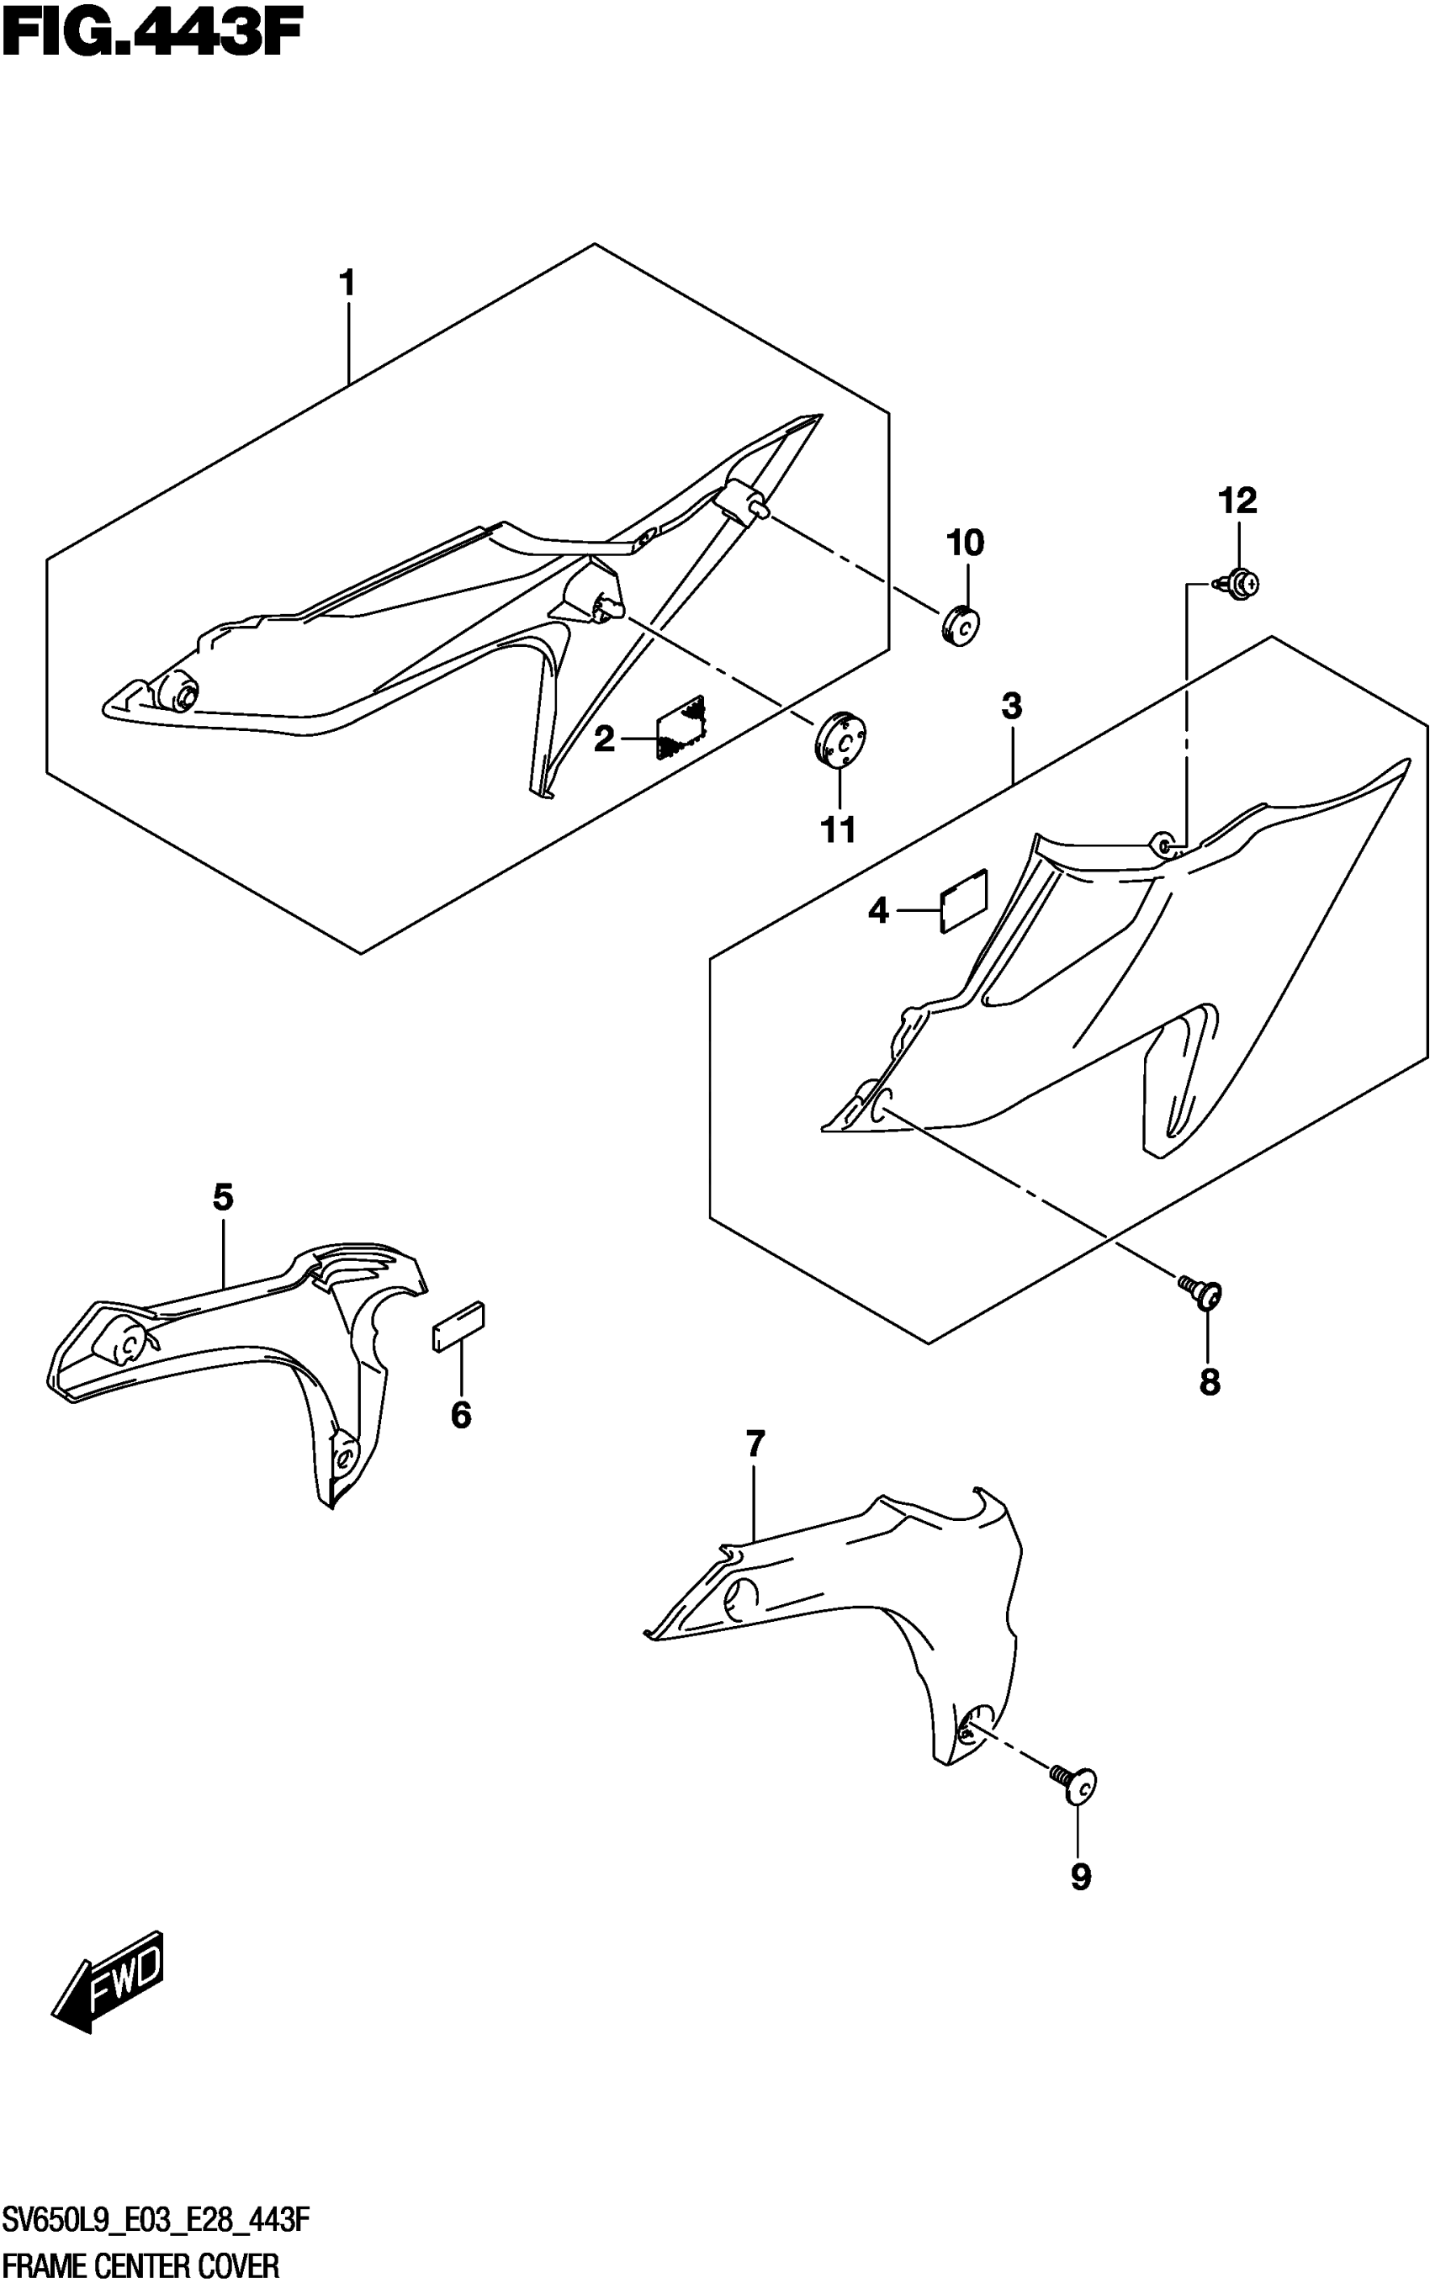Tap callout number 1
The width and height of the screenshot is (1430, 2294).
(x=347, y=283)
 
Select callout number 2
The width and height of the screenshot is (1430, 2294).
(x=604, y=739)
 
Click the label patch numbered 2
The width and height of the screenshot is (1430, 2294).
(x=681, y=726)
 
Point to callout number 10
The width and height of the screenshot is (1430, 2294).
(x=965, y=543)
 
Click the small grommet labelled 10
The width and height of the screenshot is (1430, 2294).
(x=960, y=626)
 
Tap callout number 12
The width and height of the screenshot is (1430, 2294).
(x=1237, y=501)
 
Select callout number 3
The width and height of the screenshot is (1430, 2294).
(x=1011, y=706)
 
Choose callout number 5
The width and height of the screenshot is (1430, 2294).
(x=222, y=1198)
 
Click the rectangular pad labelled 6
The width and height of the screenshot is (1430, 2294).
(x=458, y=1327)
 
